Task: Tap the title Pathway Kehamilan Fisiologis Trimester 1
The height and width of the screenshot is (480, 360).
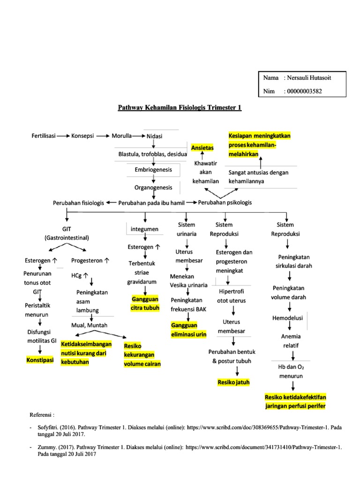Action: tap(180, 108)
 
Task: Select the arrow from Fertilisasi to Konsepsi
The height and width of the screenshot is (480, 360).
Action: tap(63, 136)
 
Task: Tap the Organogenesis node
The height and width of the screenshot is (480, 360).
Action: tap(153, 187)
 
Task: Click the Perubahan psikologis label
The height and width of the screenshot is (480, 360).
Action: tap(225, 202)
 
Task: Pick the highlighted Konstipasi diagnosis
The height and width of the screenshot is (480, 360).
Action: tap(40, 360)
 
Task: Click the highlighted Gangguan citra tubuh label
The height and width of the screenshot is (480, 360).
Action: tap(145, 303)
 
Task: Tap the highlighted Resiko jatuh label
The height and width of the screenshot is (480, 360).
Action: tap(233, 382)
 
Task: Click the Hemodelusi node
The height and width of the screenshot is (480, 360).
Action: tap(288, 318)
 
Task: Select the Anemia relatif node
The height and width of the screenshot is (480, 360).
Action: tap(291, 341)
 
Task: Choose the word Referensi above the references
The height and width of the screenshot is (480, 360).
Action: tap(42, 415)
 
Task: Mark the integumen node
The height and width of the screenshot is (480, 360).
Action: tap(145, 229)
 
